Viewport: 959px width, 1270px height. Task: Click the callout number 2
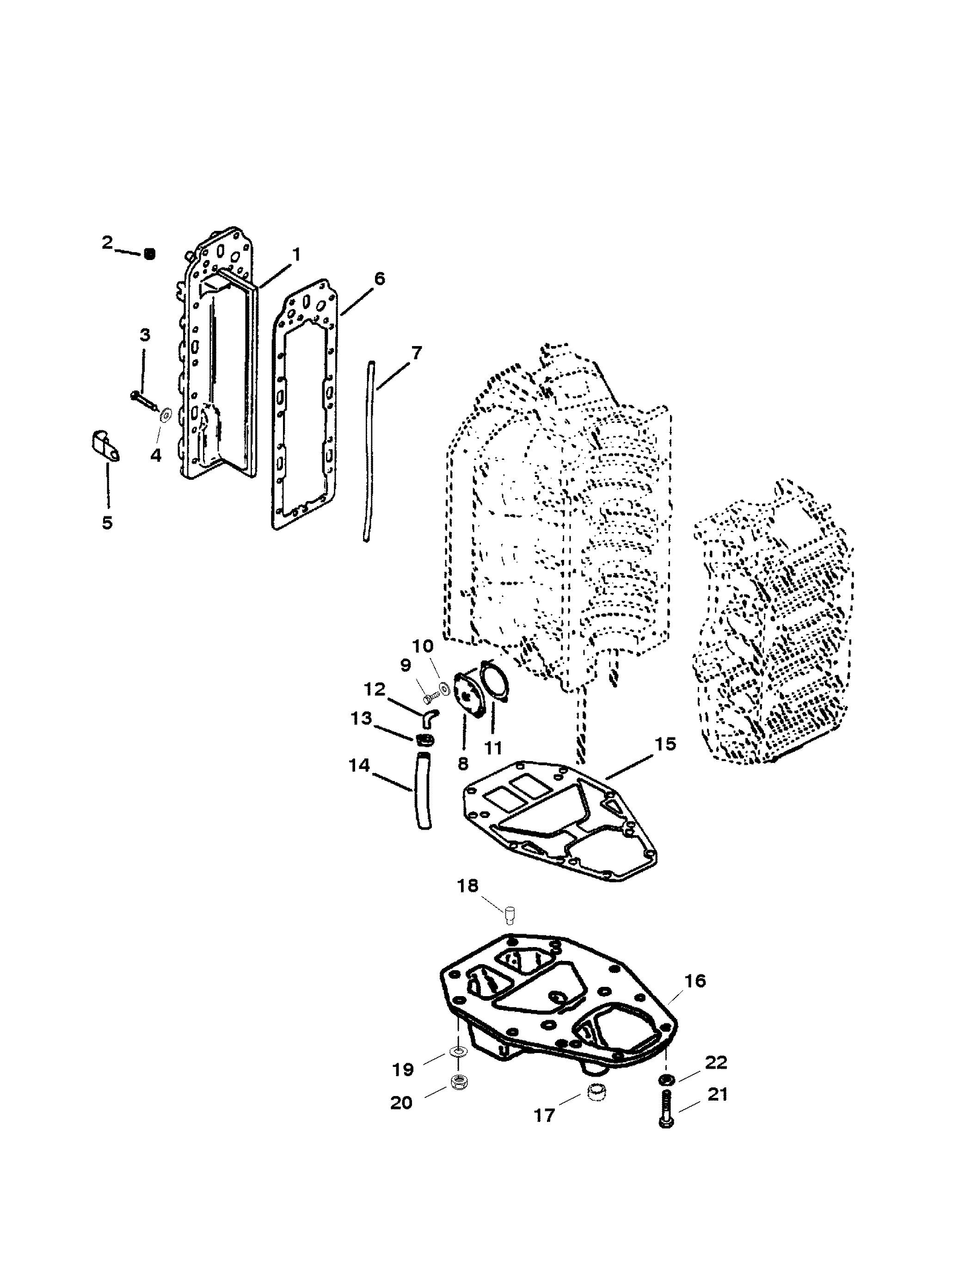coord(107,242)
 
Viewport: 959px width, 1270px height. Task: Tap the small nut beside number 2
coord(149,253)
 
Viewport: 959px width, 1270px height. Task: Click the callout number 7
coord(417,353)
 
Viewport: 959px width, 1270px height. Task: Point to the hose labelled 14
coord(422,793)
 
